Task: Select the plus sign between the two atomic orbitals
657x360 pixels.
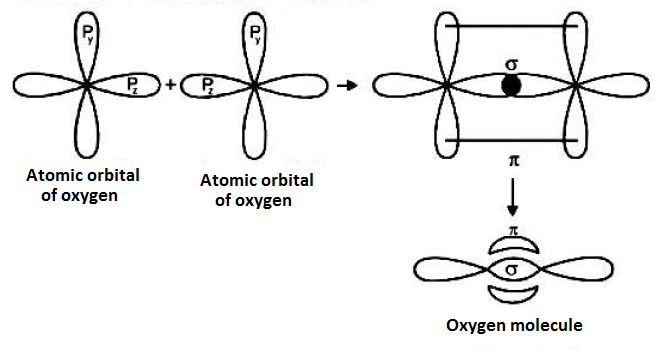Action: (171, 85)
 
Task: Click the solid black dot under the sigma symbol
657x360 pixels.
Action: (511, 87)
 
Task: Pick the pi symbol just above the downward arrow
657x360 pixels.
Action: (511, 158)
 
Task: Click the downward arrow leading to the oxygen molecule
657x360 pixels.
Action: (512, 196)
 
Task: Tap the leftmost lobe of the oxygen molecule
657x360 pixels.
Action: (445, 270)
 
